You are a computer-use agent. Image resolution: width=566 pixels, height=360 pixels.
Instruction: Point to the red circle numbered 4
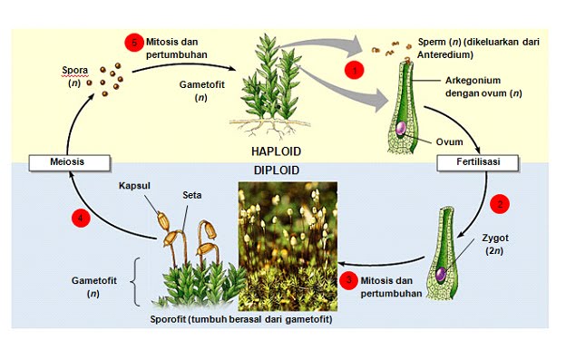82,217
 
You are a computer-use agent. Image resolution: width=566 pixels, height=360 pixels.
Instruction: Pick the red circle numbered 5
132,42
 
